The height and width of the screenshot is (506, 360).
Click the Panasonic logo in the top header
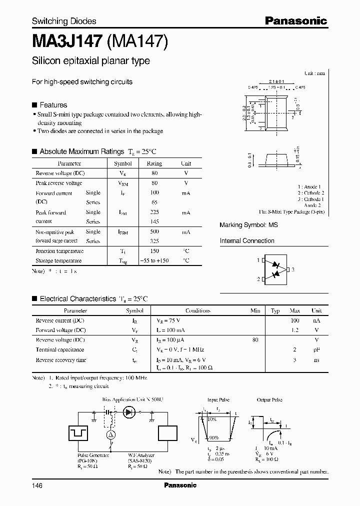coord(295,21)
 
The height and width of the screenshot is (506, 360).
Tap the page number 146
coord(38,485)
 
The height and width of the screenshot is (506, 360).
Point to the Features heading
coord(53,105)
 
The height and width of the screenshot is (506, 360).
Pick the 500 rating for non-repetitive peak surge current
coord(154,232)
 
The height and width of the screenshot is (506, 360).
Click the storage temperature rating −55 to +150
coord(154,260)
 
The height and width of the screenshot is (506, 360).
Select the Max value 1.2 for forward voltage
coord(294,330)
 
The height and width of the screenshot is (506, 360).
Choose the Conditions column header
coord(198,310)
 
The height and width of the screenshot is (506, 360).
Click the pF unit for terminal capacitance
coord(316,350)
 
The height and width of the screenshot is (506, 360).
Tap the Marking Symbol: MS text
coord(248,225)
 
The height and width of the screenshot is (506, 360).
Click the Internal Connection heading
coord(247,241)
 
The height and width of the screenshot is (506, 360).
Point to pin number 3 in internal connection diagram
coord(293,270)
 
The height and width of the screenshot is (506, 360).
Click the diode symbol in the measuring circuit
coord(129,411)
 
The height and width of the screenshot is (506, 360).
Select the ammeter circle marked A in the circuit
coord(111,435)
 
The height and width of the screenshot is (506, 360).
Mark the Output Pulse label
coord(270,400)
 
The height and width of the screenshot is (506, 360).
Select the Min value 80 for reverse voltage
coord(255,340)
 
